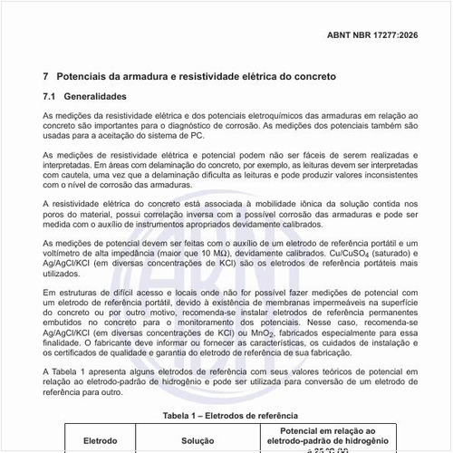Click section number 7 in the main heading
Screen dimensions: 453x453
tap(46, 77)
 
